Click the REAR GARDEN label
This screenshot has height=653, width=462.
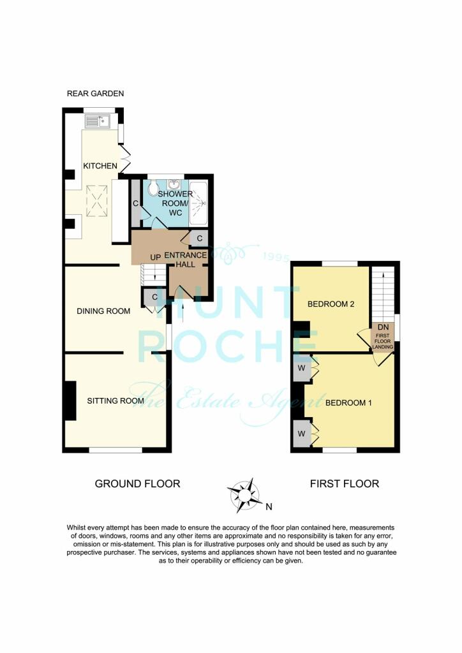(x=96, y=94)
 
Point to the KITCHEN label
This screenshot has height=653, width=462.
(x=100, y=166)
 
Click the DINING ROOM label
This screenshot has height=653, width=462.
(x=103, y=311)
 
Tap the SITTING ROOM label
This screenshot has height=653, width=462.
(x=115, y=400)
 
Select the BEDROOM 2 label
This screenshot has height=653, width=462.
(x=331, y=304)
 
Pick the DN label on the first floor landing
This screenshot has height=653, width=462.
(x=384, y=326)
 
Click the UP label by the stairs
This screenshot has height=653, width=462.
(x=154, y=256)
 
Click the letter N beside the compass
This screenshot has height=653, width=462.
(x=269, y=508)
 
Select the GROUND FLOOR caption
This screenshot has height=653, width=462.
(x=137, y=484)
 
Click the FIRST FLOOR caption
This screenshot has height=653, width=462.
(x=345, y=484)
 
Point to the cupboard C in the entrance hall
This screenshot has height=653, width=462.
(x=200, y=238)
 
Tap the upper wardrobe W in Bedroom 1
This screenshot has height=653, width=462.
(x=300, y=369)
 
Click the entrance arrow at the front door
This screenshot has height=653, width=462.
(x=183, y=311)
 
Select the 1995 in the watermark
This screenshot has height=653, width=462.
(x=276, y=256)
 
